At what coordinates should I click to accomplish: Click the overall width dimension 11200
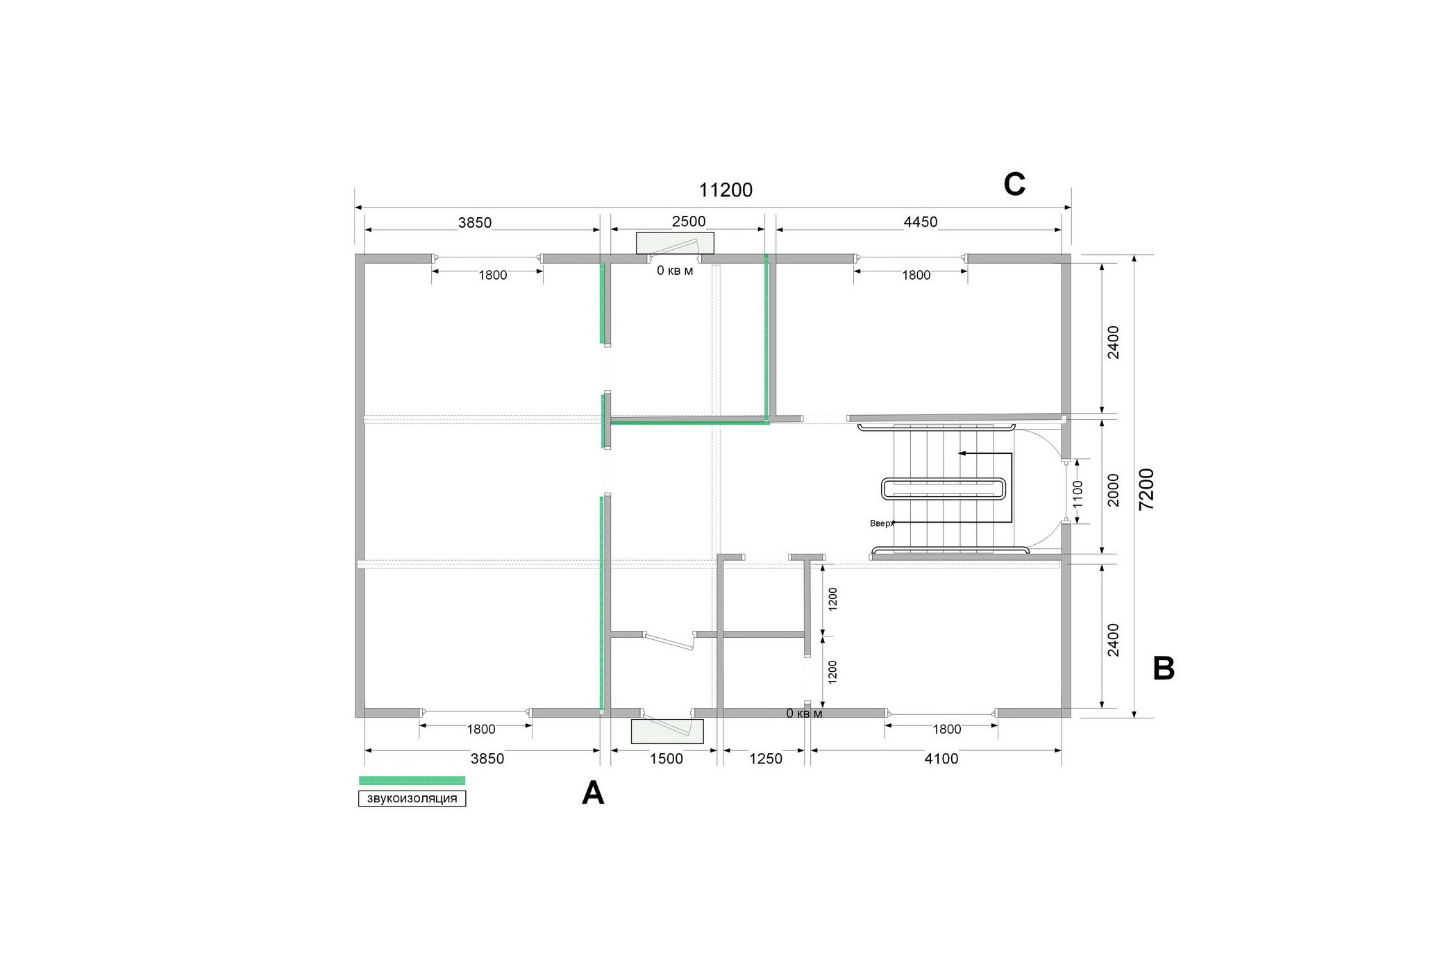[726, 190]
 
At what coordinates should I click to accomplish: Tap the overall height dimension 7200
[1147, 489]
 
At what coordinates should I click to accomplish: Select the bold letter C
[1014, 185]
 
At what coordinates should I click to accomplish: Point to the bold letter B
[1164, 668]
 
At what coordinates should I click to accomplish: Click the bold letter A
[593, 793]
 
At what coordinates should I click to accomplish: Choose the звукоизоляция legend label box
[412, 799]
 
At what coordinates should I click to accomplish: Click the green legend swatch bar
[412, 780]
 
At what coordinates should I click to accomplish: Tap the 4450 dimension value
[921, 222]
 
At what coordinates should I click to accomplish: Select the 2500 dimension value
[689, 221]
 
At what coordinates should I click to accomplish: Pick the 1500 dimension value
[667, 759]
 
